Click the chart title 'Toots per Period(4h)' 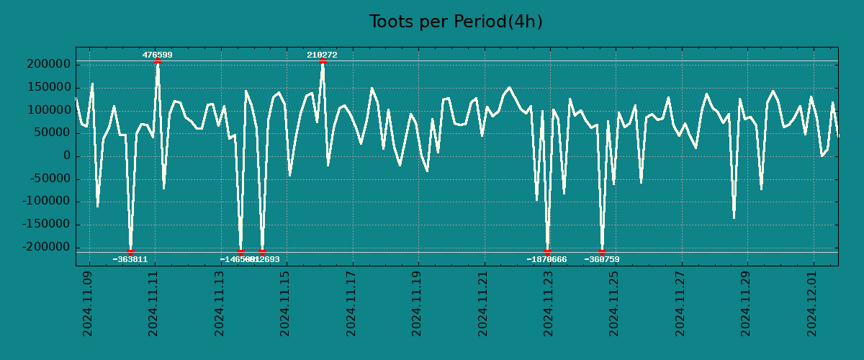pyautogui.click(x=456, y=22)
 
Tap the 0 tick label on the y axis pyautogui.click(x=66, y=156)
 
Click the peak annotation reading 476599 pyautogui.click(x=157, y=55)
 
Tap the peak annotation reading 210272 pyautogui.click(x=322, y=55)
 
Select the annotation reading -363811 pyautogui.click(x=130, y=259)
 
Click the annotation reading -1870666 pyautogui.click(x=546, y=259)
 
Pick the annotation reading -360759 pyautogui.click(x=602, y=259)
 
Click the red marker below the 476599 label pyautogui.click(x=158, y=61)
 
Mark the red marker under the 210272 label pyautogui.click(x=323, y=61)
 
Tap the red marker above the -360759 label pyautogui.click(x=602, y=252)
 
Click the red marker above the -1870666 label pyautogui.click(x=547, y=252)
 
